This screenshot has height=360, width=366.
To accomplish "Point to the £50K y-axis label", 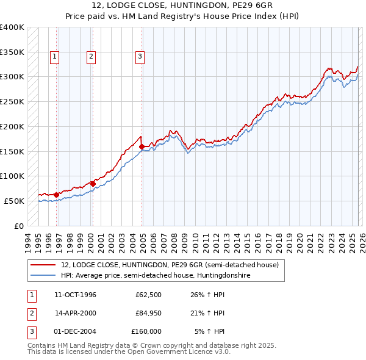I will point(14,201).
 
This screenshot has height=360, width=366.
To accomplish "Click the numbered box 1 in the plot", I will point(54,57).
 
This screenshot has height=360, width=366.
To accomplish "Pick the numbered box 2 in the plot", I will point(91,57).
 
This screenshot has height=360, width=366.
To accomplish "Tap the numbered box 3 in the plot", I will point(140,57).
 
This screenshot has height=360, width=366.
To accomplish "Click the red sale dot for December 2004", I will point(142,146).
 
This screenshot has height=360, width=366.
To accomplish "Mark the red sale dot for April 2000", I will point(93,183).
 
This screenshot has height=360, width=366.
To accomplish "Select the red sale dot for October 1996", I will point(57,195).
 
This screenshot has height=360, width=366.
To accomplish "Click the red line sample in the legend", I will point(43,265).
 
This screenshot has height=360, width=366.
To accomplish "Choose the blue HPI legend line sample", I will point(43,275).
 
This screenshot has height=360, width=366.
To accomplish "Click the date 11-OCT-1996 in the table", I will point(75,295).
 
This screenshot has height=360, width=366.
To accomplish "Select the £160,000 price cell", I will point(146,331).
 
